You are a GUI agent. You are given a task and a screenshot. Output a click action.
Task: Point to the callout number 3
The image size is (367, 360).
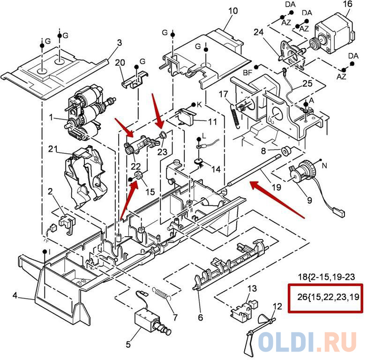click(119, 43)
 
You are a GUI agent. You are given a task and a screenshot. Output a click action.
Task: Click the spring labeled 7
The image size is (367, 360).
click(163, 296)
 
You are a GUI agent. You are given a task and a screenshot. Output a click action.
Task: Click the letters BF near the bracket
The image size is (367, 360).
click(248, 73)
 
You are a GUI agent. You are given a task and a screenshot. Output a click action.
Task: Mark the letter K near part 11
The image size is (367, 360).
click(199, 105)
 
